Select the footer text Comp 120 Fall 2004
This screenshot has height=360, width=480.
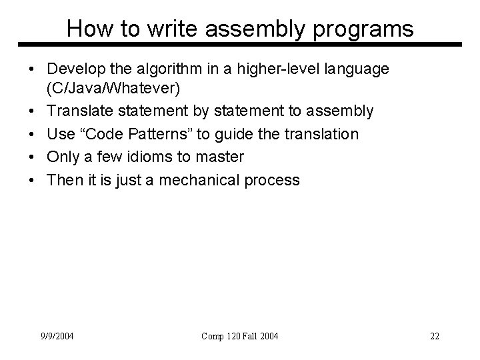pyautogui.click(x=241, y=335)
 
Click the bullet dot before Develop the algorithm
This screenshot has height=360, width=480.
pyautogui.click(x=32, y=70)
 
